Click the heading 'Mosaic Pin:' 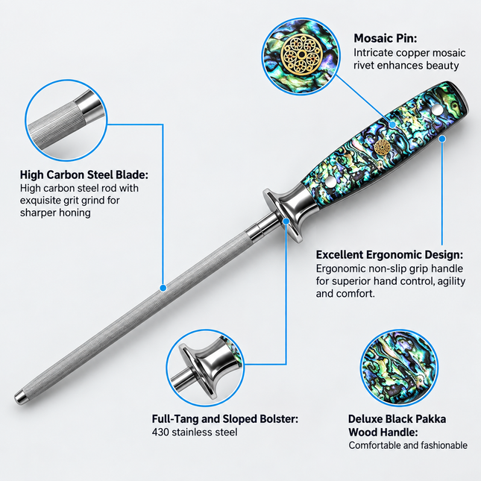(386, 38)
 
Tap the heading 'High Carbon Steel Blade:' (84, 175)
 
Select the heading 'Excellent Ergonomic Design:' (389, 254)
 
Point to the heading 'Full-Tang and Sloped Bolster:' (225, 418)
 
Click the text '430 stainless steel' (195, 433)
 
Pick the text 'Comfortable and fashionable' (408, 445)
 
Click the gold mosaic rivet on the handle (383, 147)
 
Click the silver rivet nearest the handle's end (436, 109)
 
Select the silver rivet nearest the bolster (330, 182)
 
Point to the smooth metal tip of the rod (19, 397)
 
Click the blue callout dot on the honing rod (163, 288)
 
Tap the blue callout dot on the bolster (286, 221)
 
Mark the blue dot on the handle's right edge (442, 139)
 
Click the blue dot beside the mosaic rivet (392, 125)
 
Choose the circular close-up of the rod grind (66, 120)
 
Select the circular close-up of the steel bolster (205, 368)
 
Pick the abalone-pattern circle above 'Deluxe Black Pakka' (399, 368)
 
